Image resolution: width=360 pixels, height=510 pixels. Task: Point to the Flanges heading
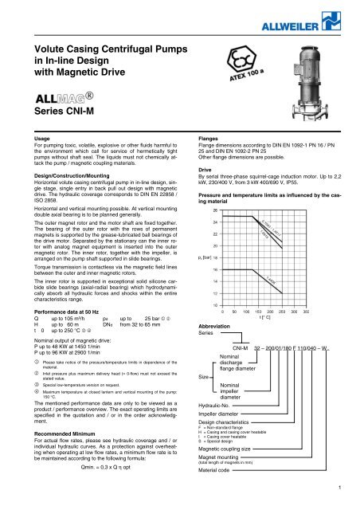(198, 160)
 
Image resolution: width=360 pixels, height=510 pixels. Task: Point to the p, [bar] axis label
(202, 282)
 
